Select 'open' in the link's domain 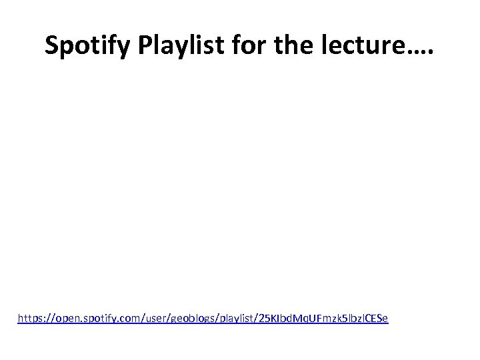pyautogui.click(x=69, y=319)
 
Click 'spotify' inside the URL pyautogui.click(x=101, y=319)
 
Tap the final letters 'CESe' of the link pyautogui.click(x=377, y=319)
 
